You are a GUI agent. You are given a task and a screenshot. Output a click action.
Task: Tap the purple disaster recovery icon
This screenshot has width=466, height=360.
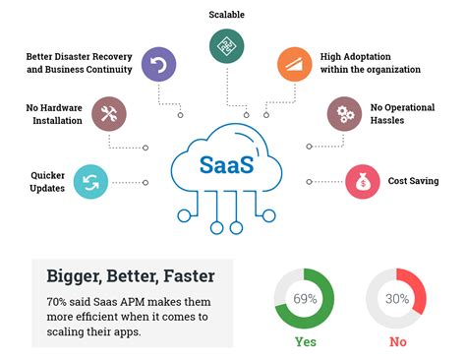point(158,66)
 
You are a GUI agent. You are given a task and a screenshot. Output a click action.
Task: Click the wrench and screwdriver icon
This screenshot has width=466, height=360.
point(108,113)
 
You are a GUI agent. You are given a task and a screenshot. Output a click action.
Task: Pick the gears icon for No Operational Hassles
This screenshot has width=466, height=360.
point(343,113)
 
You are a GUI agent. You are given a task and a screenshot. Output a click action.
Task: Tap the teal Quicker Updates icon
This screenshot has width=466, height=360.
point(91,182)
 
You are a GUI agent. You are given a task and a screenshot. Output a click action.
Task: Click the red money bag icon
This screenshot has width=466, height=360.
point(362,182)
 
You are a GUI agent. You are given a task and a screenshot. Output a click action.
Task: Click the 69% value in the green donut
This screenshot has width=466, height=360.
point(305,298)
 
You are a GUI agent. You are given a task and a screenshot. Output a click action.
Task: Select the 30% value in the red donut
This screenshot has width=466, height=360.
point(397,298)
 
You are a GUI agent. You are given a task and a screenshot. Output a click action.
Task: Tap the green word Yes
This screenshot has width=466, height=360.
point(306,343)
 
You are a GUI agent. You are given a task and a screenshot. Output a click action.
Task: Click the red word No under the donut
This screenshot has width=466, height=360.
point(397,343)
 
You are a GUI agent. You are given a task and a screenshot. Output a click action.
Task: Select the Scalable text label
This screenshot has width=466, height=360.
point(227,15)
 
